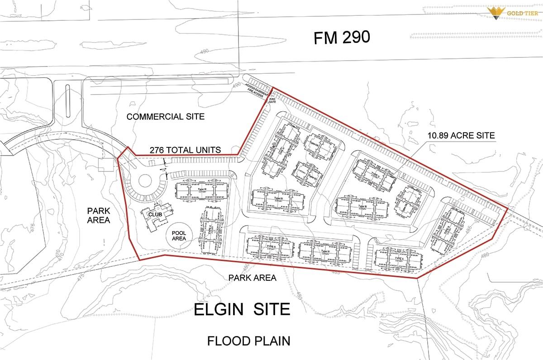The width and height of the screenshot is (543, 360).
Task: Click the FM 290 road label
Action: pos(342,38)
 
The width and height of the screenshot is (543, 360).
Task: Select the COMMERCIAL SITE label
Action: pos(165,117)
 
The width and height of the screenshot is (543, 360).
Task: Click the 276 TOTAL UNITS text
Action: pos(185,150)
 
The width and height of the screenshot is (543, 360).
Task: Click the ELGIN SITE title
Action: pos(242,309)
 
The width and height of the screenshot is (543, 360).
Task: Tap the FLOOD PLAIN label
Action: pos(248,341)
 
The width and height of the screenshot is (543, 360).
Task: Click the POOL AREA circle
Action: pos(179,235)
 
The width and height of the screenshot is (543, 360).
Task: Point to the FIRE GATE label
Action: pos(273,100)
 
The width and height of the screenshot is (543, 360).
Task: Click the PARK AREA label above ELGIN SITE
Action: pos(252,278)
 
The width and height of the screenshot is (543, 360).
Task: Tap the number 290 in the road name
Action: pos(356,38)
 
